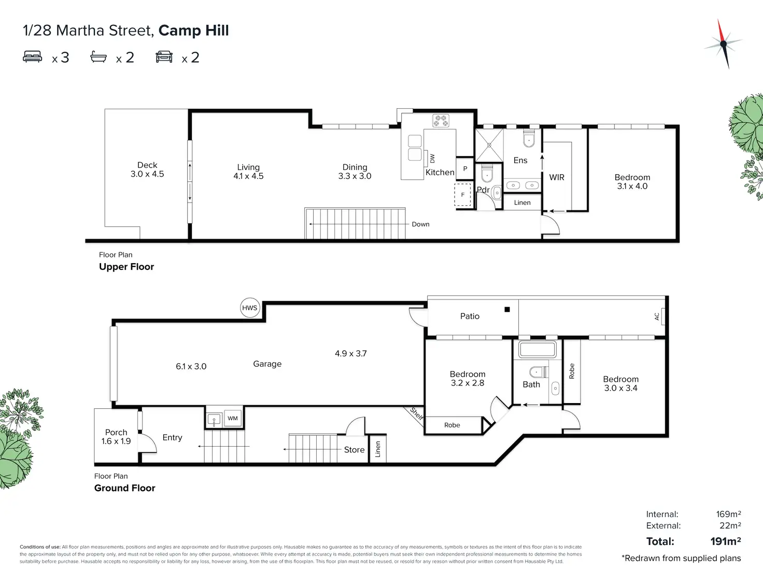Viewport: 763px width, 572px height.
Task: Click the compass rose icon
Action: [724, 44]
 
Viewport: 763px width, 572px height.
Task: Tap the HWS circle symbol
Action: [250, 308]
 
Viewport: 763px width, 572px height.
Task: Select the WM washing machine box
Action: [233, 418]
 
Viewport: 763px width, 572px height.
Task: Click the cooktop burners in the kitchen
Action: [441, 121]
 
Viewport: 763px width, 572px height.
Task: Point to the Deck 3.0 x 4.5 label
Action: [147, 169]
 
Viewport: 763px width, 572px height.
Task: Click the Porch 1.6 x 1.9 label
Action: [116, 437]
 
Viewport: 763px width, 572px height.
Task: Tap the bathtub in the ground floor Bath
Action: [538, 349]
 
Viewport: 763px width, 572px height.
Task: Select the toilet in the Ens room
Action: [529, 138]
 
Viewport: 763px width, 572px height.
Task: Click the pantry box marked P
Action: [465, 169]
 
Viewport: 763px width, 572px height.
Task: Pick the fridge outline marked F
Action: [463, 194]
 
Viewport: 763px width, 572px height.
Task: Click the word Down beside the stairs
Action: [420, 224]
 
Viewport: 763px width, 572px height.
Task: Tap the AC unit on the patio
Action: [663, 317]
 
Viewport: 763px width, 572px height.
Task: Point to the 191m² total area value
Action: [726, 541]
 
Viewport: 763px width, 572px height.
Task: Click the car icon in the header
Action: [164, 56]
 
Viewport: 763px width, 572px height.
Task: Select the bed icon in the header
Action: [32, 56]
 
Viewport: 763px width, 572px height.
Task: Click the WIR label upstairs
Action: [557, 178]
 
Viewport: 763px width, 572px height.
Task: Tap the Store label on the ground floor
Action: [354, 450]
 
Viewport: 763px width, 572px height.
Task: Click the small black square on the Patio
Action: [507, 309]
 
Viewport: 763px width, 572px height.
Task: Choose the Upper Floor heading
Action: [126, 267]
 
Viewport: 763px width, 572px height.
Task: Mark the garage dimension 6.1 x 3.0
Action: [191, 366]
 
